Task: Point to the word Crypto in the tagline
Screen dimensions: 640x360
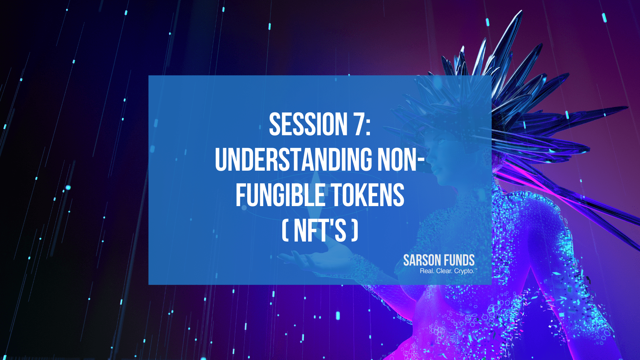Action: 464,271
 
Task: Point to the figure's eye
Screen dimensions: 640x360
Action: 440,142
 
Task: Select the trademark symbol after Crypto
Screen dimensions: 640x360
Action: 475,269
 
